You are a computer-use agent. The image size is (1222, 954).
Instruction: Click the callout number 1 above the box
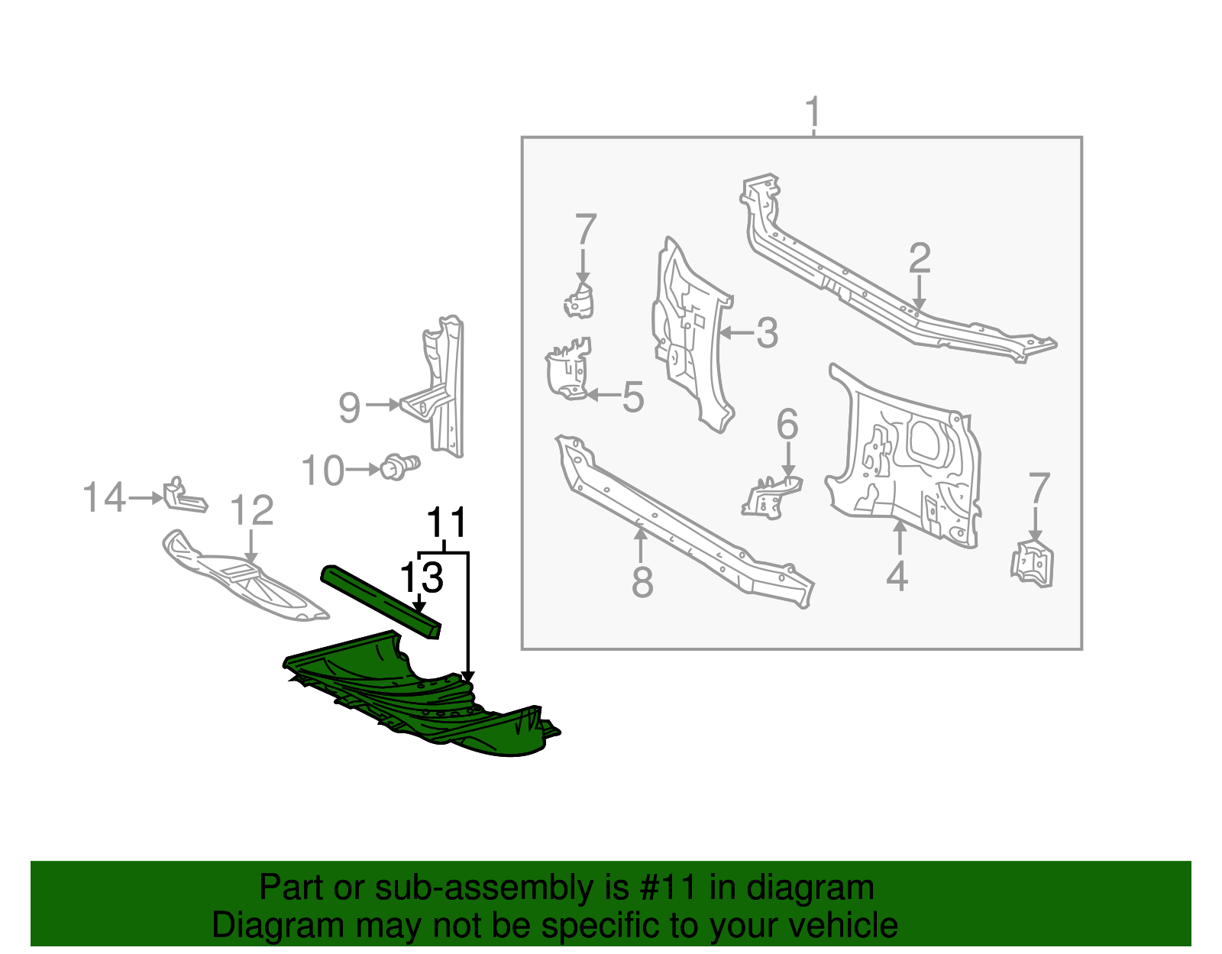(x=813, y=112)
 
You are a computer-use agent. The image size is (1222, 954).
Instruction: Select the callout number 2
(x=920, y=258)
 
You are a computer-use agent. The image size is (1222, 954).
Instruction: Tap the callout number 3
(x=767, y=333)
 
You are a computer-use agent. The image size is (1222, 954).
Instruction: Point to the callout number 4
(x=897, y=576)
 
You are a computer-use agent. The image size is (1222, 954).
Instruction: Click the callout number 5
(x=632, y=397)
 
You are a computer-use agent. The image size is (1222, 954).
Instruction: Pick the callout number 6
(x=787, y=424)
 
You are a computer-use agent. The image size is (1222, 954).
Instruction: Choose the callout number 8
(x=642, y=583)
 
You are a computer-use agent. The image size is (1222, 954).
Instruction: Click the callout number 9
(x=349, y=408)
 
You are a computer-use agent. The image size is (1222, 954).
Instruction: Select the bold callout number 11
(x=446, y=523)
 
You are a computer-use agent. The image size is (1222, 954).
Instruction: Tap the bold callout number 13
(x=422, y=578)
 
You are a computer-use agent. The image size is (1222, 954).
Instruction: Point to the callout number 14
(x=103, y=498)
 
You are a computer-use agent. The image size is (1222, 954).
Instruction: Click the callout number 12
(x=251, y=510)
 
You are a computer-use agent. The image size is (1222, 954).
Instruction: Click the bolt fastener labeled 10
(x=399, y=467)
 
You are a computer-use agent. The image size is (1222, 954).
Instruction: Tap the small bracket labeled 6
(x=771, y=496)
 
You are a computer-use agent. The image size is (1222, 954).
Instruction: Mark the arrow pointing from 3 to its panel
(x=736, y=333)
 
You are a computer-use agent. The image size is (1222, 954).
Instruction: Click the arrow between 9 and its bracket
(x=383, y=406)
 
